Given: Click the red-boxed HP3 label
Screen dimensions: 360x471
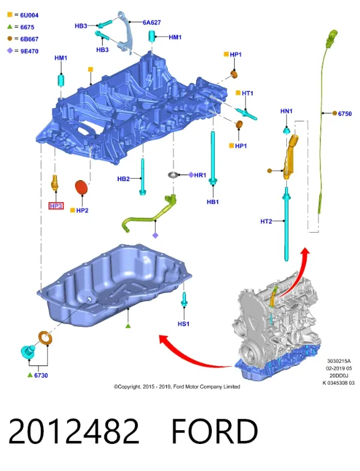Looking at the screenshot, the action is point(56,206).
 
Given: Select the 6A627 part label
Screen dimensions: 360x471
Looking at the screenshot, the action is point(152,22).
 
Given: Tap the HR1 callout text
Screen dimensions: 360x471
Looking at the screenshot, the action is point(200,175).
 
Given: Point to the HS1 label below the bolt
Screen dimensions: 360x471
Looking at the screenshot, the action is point(184,324).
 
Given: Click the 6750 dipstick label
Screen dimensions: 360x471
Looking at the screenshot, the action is point(344,113).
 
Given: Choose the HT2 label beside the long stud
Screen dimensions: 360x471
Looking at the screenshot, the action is point(266,221).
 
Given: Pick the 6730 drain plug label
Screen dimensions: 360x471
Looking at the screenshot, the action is point(41,375).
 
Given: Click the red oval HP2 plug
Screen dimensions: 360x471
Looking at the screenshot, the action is point(81,187).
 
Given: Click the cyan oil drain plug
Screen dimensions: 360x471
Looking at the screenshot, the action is point(28,352).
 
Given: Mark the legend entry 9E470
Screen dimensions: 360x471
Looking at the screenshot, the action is point(29,51).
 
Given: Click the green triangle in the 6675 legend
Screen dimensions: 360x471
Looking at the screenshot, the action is point(10,27).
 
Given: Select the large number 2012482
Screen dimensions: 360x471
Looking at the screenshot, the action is point(74,431).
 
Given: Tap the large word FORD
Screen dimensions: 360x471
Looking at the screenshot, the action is point(215,431).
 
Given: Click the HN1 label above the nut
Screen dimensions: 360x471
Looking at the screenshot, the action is point(286,111).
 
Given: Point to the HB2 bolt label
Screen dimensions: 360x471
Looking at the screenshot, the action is point(123,179).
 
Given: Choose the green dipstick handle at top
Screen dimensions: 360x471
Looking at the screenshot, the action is point(332,37).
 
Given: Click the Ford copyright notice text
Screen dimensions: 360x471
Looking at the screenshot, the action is point(176,386).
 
